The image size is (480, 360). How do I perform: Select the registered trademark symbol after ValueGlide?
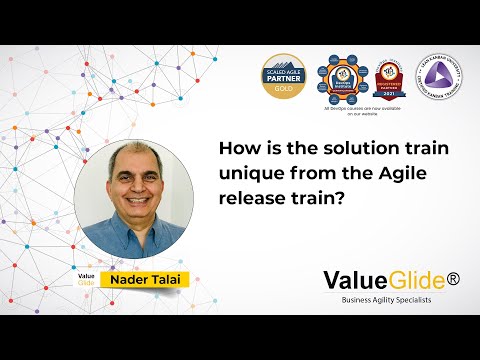coord(453,278)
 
